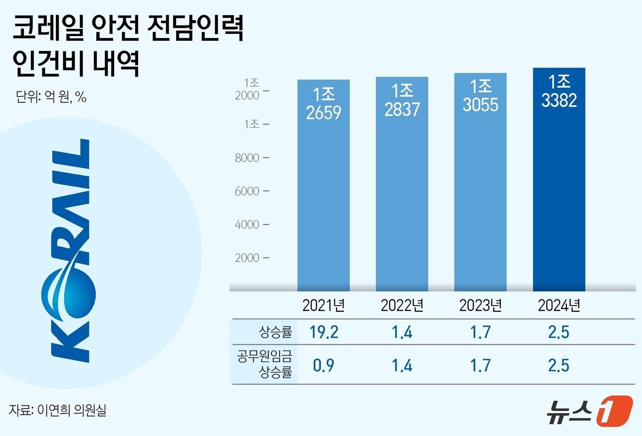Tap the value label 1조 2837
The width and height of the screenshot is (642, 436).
click(x=402, y=100)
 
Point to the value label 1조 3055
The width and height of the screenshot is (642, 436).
click(x=480, y=95)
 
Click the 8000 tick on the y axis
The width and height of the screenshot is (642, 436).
click(x=248, y=158)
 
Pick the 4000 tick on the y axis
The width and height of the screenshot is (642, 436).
click(x=248, y=224)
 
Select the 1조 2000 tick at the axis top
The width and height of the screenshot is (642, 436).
click(x=248, y=89)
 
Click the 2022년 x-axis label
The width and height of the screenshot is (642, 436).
click(x=402, y=305)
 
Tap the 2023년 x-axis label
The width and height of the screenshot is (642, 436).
click(x=480, y=305)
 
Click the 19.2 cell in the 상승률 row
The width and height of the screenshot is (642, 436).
click(x=324, y=332)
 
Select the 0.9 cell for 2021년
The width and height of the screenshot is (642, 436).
click(x=323, y=365)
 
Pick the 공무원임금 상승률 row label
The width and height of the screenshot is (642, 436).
click(x=265, y=364)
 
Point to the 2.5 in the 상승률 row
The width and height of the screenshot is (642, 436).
click(x=559, y=332)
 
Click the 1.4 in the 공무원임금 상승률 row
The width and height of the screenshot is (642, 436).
click(x=402, y=365)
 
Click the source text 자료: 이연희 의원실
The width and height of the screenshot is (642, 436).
click(x=57, y=410)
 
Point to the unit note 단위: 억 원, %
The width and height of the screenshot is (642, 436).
click(x=51, y=97)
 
